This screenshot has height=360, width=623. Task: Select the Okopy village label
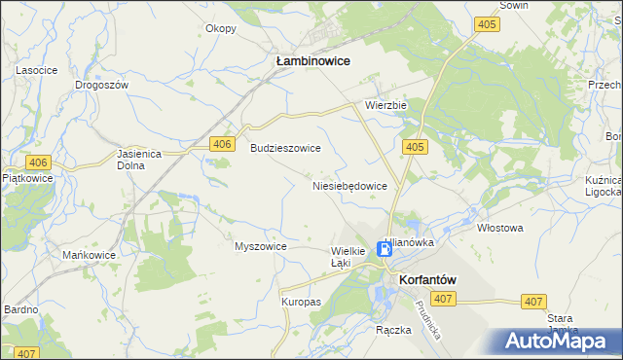pyautogui.click(x=221, y=28)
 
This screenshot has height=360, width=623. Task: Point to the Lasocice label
pyautogui.click(x=34, y=71)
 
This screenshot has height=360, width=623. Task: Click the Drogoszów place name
pyautogui.click(x=102, y=85)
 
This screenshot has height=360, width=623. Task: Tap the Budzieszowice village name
pyautogui.click(x=285, y=148)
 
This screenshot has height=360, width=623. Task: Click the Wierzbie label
pyautogui.click(x=385, y=105)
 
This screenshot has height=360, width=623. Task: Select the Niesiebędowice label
pyautogui.click(x=349, y=185)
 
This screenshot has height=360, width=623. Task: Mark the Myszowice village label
pyautogui.click(x=261, y=246)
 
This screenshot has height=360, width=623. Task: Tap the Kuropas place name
pyautogui.click(x=301, y=302)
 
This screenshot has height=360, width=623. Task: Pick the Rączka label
pyautogui.click(x=393, y=330)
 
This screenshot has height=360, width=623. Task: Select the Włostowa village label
pyautogui.click(x=500, y=228)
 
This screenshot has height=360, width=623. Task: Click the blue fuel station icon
pyautogui.click(x=385, y=249)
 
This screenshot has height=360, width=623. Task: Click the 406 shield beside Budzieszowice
pyautogui.click(x=224, y=144)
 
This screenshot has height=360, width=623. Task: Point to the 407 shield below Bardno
pyautogui.click(x=26, y=353)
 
